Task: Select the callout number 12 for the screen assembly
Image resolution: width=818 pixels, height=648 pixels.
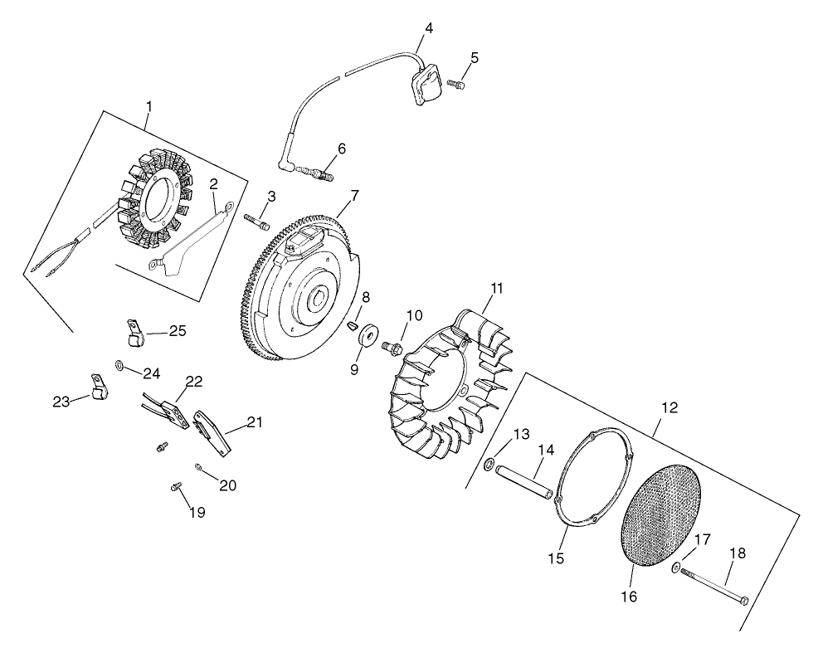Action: [669, 407]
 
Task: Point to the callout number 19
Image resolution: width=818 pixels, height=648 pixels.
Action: [196, 512]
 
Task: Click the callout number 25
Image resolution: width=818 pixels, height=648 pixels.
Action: [178, 331]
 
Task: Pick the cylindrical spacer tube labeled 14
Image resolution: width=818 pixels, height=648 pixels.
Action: [523, 484]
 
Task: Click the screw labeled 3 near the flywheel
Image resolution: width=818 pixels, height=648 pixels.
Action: [256, 222]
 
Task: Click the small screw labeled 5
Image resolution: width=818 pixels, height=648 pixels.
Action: [455, 83]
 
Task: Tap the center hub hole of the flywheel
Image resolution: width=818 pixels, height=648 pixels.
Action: [319, 295]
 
